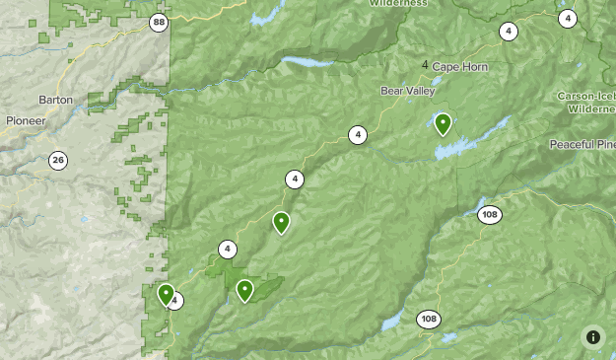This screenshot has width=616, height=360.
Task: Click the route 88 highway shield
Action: (x=160, y=22)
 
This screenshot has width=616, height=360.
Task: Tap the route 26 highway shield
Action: (x=58, y=160)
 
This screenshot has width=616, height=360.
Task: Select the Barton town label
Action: (x=55, y=100)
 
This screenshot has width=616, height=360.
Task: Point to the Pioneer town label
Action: (x=25, y=120)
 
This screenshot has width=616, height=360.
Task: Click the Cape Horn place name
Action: (x=458, y=66)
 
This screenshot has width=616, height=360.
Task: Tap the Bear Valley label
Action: (x=407, y=91)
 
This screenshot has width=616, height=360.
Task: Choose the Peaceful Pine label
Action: (x=582, y=144)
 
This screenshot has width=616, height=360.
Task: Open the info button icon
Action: (x=593, y=336)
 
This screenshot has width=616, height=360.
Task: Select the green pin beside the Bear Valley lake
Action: (x=443, y=124)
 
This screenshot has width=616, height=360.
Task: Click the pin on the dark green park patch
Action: (x=244, y=290)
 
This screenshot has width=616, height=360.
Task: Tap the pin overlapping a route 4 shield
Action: (x=166, y=295)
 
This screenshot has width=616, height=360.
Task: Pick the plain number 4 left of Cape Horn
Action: (x=425, y=65)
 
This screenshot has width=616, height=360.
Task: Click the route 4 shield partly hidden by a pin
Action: (x=175, y=301)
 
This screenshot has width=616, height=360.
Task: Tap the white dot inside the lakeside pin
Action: (x=443, y=122)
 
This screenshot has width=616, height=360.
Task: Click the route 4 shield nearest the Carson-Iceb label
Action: (x=567, y=18)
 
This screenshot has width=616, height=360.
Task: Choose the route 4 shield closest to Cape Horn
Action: (x=507, y=32)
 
